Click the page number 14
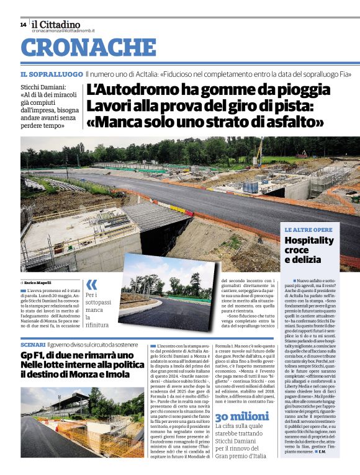tap(23, 25)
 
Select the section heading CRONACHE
tap(89, 48)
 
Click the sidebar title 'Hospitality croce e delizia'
tap(309, 249)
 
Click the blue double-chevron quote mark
tap(91, 285)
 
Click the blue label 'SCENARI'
tap(32, 344)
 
